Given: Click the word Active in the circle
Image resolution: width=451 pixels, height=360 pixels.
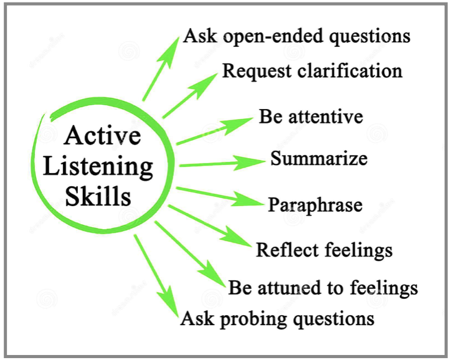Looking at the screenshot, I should click(103, 136).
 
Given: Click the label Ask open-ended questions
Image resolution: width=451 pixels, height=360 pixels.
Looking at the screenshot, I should click(297, 36).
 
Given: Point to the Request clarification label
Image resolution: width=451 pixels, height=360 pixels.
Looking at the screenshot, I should click(312, 70).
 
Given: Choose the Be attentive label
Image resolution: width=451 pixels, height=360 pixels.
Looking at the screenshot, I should click(311, 116).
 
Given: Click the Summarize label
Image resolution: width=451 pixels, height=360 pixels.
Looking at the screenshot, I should click(318, 158).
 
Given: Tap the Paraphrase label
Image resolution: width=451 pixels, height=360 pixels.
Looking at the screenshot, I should click(315, 204).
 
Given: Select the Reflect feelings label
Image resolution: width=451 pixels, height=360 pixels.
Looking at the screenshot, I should click(324, 250).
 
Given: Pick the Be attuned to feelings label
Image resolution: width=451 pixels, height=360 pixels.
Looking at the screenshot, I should click(323, 288).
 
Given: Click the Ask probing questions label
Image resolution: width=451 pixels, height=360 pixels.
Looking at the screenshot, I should click(277, 320).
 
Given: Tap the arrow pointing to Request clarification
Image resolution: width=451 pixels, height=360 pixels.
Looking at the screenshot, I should click(191, 93).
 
